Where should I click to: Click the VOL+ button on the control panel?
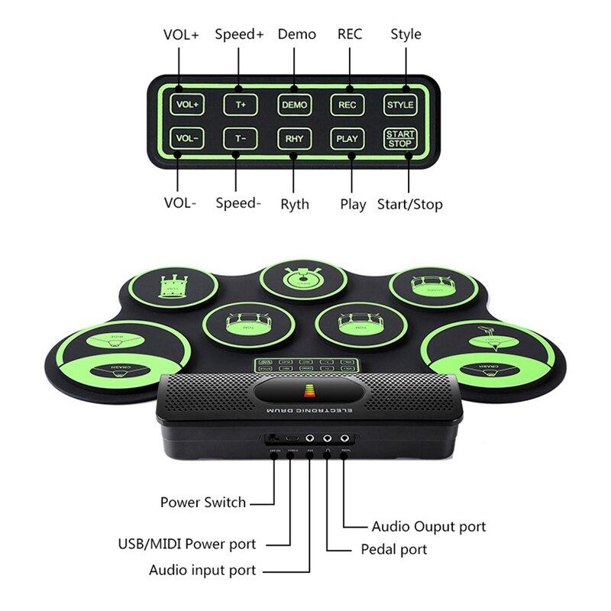click(x=186, y=104)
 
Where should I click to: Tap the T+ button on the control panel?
click(x=241, y=104)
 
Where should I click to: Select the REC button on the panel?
click(x=347, y=104)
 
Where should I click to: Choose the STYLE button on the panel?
click(x=400, y=104)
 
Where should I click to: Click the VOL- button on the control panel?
click(x=186, y=138)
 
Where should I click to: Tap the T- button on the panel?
click(x=241, y=138)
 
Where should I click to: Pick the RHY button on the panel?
click(x=294, y=138)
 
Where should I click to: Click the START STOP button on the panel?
click(x=400, y=138)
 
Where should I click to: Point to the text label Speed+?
click(x=239, y=34)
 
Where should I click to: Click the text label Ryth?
click(x=294, y=204)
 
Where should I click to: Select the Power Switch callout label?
click(x=203, y=503)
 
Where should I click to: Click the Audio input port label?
click(x=202, y=570)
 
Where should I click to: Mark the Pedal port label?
click(x=393, y=549)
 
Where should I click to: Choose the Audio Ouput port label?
click(x=428, y=526)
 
